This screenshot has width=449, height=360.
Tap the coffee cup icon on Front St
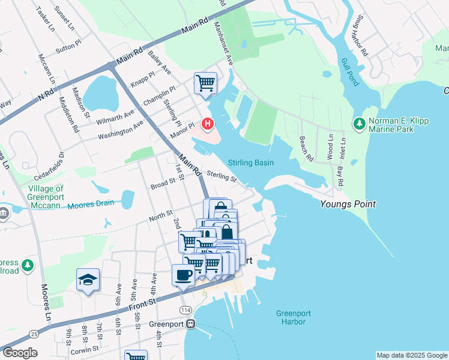pyautogui.click(x=182, y=275)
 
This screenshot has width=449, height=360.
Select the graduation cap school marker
pyautogui.click(x=88, y=280)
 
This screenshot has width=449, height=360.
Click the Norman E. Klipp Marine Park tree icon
pyautogui.click(x=360, y=124)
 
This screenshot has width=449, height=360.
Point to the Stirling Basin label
pyautogui.click(x=251, y=163)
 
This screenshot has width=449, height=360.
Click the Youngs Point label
pyautogui.click(x=348, y=204)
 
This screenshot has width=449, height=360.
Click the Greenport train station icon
pyautogui.click(x=191, y=323)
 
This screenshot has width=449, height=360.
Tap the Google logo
pyautogui.click(x=20, y=353)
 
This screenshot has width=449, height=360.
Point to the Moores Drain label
pyautogui.click(x=90, y=204)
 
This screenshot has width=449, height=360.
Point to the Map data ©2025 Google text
pyautogui.click(x=412, y=355)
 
